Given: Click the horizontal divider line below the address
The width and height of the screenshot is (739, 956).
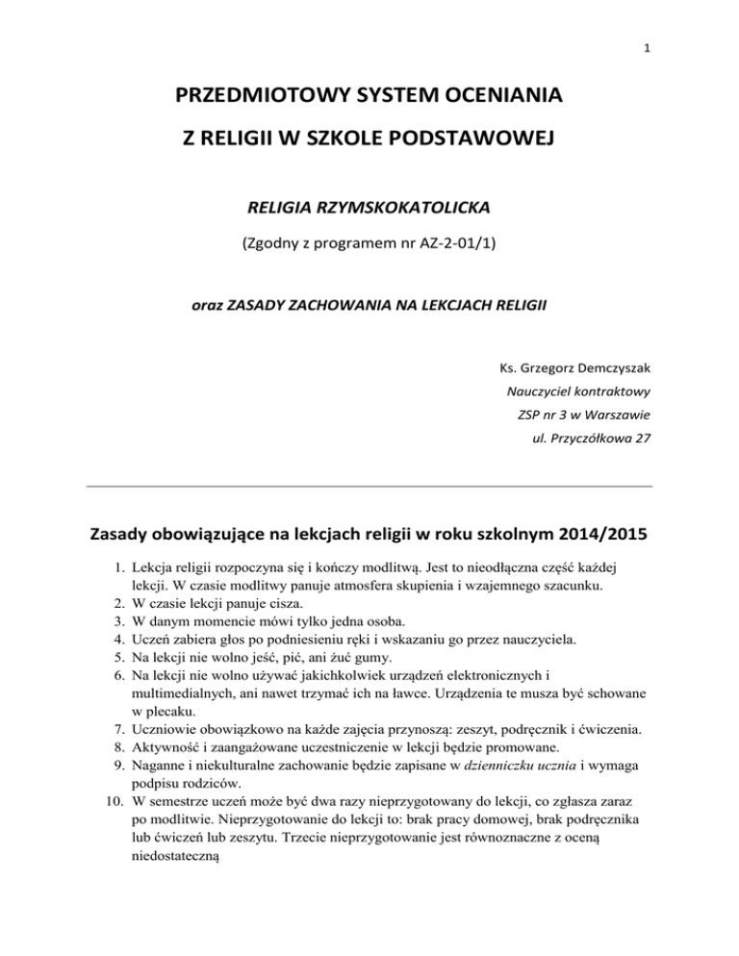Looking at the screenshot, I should point(369,487).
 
